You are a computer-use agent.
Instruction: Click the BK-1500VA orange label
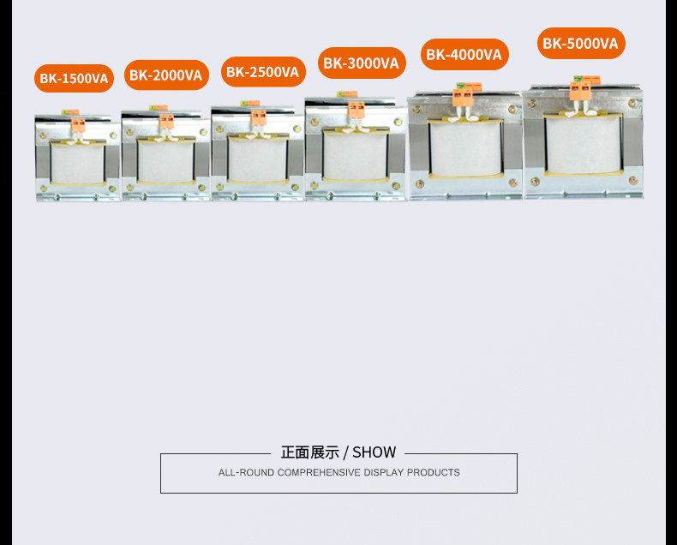[x=74, y=79]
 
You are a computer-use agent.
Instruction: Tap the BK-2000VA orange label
[x=166, y=75]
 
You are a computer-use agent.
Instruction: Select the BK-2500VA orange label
[x=263, y=72]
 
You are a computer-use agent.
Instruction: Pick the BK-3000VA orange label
[x=362, y=63]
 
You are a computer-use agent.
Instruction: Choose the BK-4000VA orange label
[x=464, y=55]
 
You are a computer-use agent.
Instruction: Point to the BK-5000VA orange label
[x=581, y=43]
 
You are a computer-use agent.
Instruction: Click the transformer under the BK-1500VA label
[x=76, y=159]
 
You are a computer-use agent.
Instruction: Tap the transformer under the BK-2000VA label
[x=165, y=156]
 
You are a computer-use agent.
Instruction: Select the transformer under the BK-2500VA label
[x=256, y=154]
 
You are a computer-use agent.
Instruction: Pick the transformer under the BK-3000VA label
[x=355, y=150]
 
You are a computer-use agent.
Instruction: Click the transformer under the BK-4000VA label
[x=464, y=146]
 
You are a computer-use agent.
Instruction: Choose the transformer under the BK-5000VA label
[x=583, y=141]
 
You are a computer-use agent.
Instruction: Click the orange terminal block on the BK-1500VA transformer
[x=78, y=126]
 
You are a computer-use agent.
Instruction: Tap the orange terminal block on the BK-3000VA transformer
[x=356, y=109]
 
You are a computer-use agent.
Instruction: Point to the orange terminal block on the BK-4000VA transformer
[x=464, y=98]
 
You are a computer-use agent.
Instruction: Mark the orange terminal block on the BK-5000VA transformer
[x=580, y=91]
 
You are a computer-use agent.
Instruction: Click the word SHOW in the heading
[x=374, y=452]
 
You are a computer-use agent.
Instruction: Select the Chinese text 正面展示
[x=309, y=452]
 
